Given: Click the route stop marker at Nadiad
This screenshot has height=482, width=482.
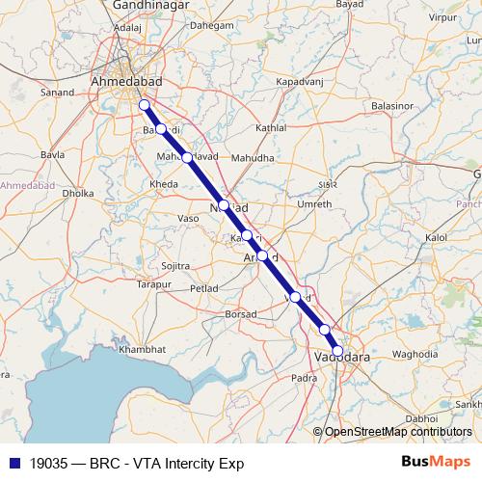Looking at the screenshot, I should pos(224,204).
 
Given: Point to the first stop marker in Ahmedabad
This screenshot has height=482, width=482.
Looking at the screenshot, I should pos(144,105).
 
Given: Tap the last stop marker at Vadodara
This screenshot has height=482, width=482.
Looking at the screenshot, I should pos(337,351).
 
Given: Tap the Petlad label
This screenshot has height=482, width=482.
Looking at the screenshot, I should pos(203,287).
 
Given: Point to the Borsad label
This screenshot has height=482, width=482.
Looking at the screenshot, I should pos(241,314).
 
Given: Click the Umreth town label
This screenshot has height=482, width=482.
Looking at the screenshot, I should pos(314,204).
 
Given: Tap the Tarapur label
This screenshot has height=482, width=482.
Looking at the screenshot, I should pos(152,285).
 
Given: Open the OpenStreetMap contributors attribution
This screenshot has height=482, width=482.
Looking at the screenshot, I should pos(398,432).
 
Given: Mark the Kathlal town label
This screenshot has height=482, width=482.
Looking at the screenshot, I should pos(271,128).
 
